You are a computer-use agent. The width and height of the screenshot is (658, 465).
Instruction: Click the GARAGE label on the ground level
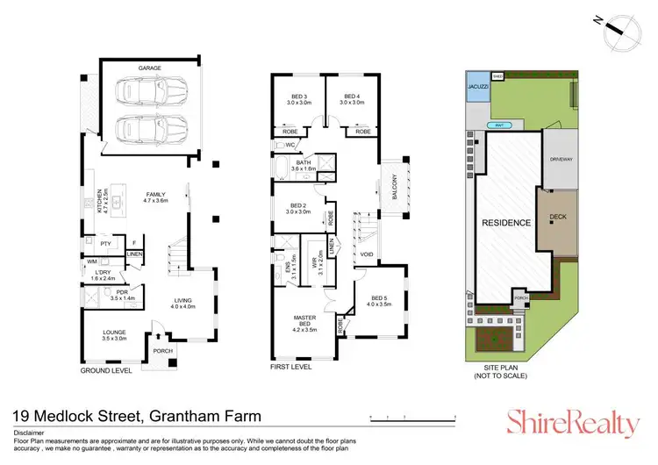(x=153, y=68)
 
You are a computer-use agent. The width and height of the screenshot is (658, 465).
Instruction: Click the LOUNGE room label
(x=114, y=333)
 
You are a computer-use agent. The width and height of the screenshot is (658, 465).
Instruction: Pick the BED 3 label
(x=298, y=98)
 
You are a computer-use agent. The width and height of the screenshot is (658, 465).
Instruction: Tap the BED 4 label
(x=352, y=98)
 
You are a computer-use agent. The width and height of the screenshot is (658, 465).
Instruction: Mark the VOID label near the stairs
(x=367, y=255)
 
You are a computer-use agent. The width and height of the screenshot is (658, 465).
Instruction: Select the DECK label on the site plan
(x=558, y=217)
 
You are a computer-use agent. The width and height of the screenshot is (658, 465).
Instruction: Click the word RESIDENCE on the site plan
(x=506, y=223)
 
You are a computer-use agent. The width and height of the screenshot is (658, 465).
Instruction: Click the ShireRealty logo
(x=575, y=424)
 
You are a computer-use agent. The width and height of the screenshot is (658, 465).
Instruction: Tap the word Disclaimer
(x=28, y=432)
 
